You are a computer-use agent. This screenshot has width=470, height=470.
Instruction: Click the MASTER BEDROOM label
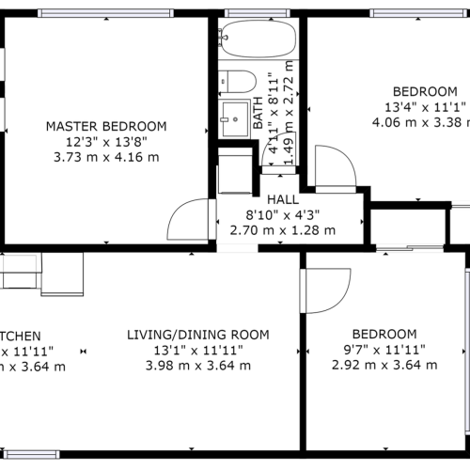(x=106, y=126)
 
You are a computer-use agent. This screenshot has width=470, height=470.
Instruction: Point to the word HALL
(x=282, y=200)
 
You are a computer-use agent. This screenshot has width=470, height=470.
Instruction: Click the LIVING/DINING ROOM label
(x=198, y=335)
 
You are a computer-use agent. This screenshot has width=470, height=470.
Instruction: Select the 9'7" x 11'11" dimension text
(x=384, y=350)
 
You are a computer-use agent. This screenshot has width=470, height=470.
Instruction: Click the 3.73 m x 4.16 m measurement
(x=106, y=156)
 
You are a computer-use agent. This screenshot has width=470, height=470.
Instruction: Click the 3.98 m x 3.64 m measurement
(x=198, y=366)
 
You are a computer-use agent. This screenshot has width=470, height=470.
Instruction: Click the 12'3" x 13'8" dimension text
(x=106, y=141)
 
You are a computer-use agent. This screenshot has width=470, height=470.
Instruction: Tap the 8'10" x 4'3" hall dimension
(x=282, y=215)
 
